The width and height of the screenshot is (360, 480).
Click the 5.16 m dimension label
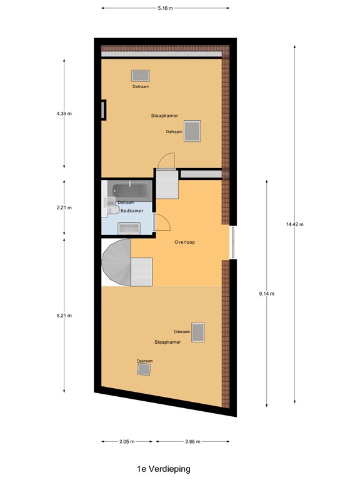coord(165,8)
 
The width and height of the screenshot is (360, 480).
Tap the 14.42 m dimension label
coord(295,224)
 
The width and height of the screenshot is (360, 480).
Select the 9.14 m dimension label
coord(267,294)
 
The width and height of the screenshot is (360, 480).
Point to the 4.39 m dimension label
coord(64,114)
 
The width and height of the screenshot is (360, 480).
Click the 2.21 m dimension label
coord(64,207)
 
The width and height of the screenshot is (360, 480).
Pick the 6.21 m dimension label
coord(64,316)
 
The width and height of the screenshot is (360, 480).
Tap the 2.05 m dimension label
coord(127,441)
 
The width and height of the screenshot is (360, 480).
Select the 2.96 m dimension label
coord(193,441)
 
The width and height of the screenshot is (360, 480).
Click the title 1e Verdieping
coord(164,469)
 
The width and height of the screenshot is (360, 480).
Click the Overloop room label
coord(184,242)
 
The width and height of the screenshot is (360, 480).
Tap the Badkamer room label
coord(132,211)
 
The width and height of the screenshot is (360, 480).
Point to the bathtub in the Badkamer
coord(131,191)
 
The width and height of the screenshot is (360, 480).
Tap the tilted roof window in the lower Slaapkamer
coord(144,369)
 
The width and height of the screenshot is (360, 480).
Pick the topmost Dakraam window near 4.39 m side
coord(141,76)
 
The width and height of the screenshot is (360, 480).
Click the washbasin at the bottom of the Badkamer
coord(129,228)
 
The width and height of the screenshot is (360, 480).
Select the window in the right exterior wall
coord(233,242)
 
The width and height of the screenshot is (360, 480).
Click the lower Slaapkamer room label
coord(167,342)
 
